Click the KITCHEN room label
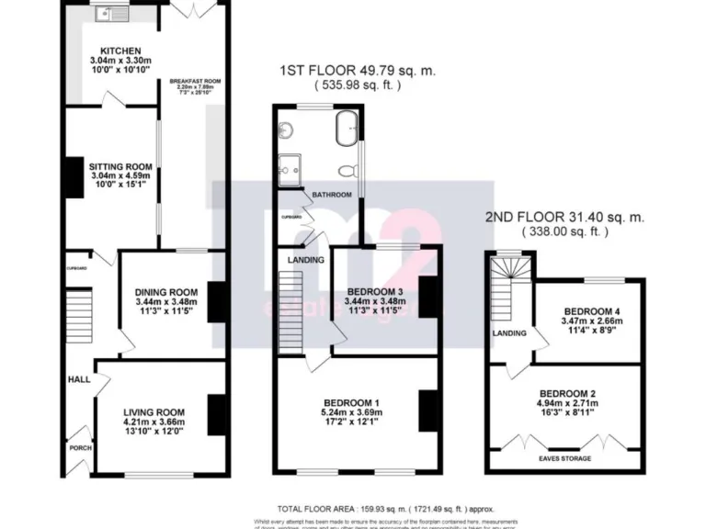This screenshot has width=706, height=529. coord(120,51)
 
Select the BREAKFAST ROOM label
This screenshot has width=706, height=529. coord(190,82)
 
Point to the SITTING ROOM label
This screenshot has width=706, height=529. coord(120,167)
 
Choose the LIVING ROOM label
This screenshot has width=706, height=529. coord(154,412)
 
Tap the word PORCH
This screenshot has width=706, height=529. coord(81,448)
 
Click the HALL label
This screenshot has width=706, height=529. coord(77,378)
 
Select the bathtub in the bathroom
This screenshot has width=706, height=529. coord(347,128)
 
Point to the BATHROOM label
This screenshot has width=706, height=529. coord(332,196)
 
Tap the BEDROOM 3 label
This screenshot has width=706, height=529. coord(373,292)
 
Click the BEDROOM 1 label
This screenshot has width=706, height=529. coord(351,403)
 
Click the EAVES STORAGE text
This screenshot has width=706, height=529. coord(566,457)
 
